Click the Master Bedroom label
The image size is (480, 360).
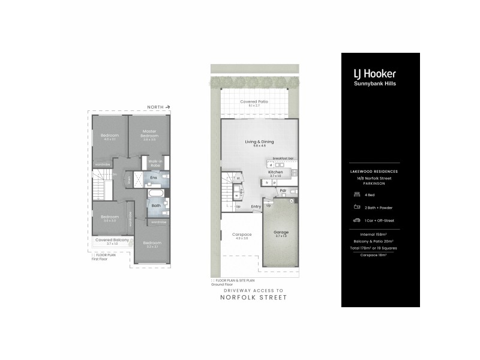pyautogui.click(x=149, y=133)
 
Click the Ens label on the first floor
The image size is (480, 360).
pyautogui.click(x=154, y=178)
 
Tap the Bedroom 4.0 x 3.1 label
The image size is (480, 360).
pyautogui.click(x=109, y=136)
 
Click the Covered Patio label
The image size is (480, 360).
pyautogui.click(x=254, y=102)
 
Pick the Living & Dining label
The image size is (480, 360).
pyautogui.click(x=259, y=142)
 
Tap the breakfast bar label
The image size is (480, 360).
pyautogui.click(x=283, y=158)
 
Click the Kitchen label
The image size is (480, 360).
pyautogui.click(x=275, y=172)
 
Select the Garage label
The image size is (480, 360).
pyautogui.click(x=281, y=232)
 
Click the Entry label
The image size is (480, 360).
pyautogui.click(x=256, y=206)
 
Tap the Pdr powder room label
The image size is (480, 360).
pyautogui.click(x=283, y=191)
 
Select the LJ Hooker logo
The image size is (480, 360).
pyautogui.click(x=374, y=74)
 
